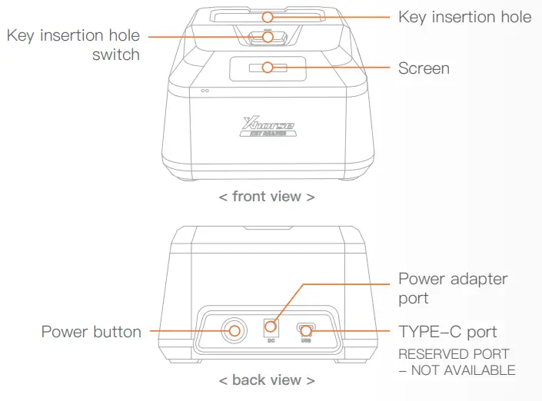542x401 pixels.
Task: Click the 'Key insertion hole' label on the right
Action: pyautogui.click(x=464, y=16)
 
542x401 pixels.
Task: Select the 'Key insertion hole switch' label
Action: pyautogui.click(x=74, y=45)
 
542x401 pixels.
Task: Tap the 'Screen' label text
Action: pyautogui.click(x=424, y=68)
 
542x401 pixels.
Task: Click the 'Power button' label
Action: pyautogui.click(x=91, y=332)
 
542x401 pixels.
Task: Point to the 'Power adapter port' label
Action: pyautogui.click(x=453, y=288)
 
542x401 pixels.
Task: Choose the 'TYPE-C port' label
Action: pyautogui.click(x=447, y=332)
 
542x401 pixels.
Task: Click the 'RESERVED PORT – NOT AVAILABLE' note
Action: pyautogui.click(x=456, y=362)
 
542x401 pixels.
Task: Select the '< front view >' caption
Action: pyautogui.click(x=267, y=197)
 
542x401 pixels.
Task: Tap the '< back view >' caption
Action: pyautogui.click(x=267, y=380)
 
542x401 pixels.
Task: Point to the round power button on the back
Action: pyautogui.click(x=234, y=331)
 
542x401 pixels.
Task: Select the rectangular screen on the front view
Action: pyautogui.click(x=267, y=68)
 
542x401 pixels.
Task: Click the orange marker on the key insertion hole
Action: pyautogui.click(x=267, y=16)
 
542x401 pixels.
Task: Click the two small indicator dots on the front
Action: pyautogui.click(x=205, y=91)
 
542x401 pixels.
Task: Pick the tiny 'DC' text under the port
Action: pyautogui.click(x=270, y=340)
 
